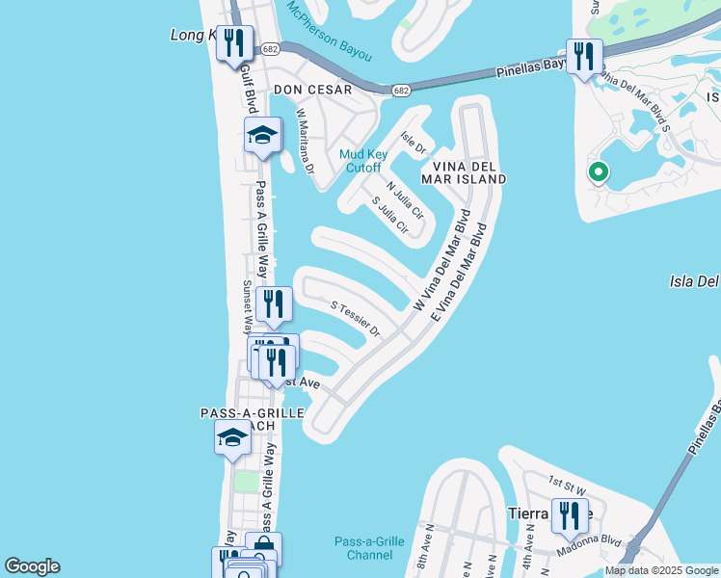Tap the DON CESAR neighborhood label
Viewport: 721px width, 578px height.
tap(312, 90)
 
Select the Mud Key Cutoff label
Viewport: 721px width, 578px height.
tap(360, 160)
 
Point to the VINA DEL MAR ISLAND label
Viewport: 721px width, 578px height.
tap(463, 171)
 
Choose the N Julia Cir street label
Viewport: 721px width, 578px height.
tap(405, 198)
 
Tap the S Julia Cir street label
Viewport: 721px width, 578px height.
tap(390, 216)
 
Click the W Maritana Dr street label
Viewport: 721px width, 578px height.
tap(305, 142)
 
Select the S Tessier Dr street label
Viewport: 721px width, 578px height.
tap(357, 320)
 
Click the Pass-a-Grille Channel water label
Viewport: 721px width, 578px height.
tap(368, 548)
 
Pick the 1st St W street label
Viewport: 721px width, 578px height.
tap(567, 480)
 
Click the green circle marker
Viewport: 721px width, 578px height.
tap(599, 173)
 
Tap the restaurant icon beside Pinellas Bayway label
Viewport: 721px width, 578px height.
tap(583, 56)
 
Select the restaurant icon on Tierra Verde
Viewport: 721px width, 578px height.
tap(570, 515)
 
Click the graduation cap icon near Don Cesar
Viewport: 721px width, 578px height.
tap(262, 135)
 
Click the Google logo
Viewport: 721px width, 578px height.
tap(32, 566)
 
